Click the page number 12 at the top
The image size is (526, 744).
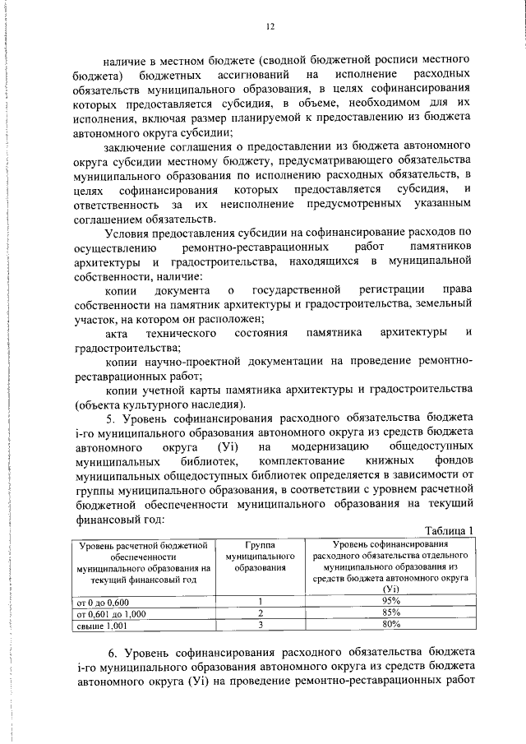[x=269, y=25]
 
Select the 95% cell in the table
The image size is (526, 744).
[x=390, y=601]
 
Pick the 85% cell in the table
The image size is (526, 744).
[x=390, y=613]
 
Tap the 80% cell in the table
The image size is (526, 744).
[x=390, y=625]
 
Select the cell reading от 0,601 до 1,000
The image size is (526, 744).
[x=111, y=613]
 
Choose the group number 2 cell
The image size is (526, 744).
[x=260, y=613]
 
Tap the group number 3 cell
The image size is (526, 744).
[x=260, y=625]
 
